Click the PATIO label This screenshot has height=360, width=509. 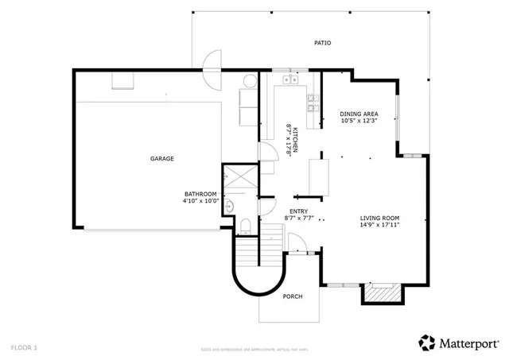coord(321,43)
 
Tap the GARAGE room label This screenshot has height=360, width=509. coord(162,159)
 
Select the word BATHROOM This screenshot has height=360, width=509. coord(200,194)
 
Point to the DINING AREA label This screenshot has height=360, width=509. coord(358,114)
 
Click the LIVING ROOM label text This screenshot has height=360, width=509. coord(379,218)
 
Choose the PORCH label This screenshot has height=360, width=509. coord(293,297)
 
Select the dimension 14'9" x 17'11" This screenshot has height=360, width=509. coord(379,225)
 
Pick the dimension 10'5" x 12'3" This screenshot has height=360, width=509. coord(358,122)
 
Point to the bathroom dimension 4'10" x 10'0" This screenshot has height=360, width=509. coord(200,201)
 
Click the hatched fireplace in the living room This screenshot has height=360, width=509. coord(379,294)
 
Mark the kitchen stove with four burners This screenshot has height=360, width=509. coord(313,102)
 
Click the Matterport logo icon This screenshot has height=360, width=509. coord(427,342)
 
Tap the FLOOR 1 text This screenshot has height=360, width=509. coord(24,347)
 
